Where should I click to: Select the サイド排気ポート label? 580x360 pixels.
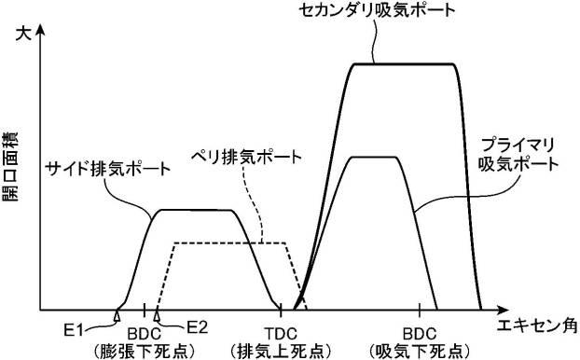click(x=109, y=170)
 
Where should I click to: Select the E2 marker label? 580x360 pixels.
click(x=195, y=327)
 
